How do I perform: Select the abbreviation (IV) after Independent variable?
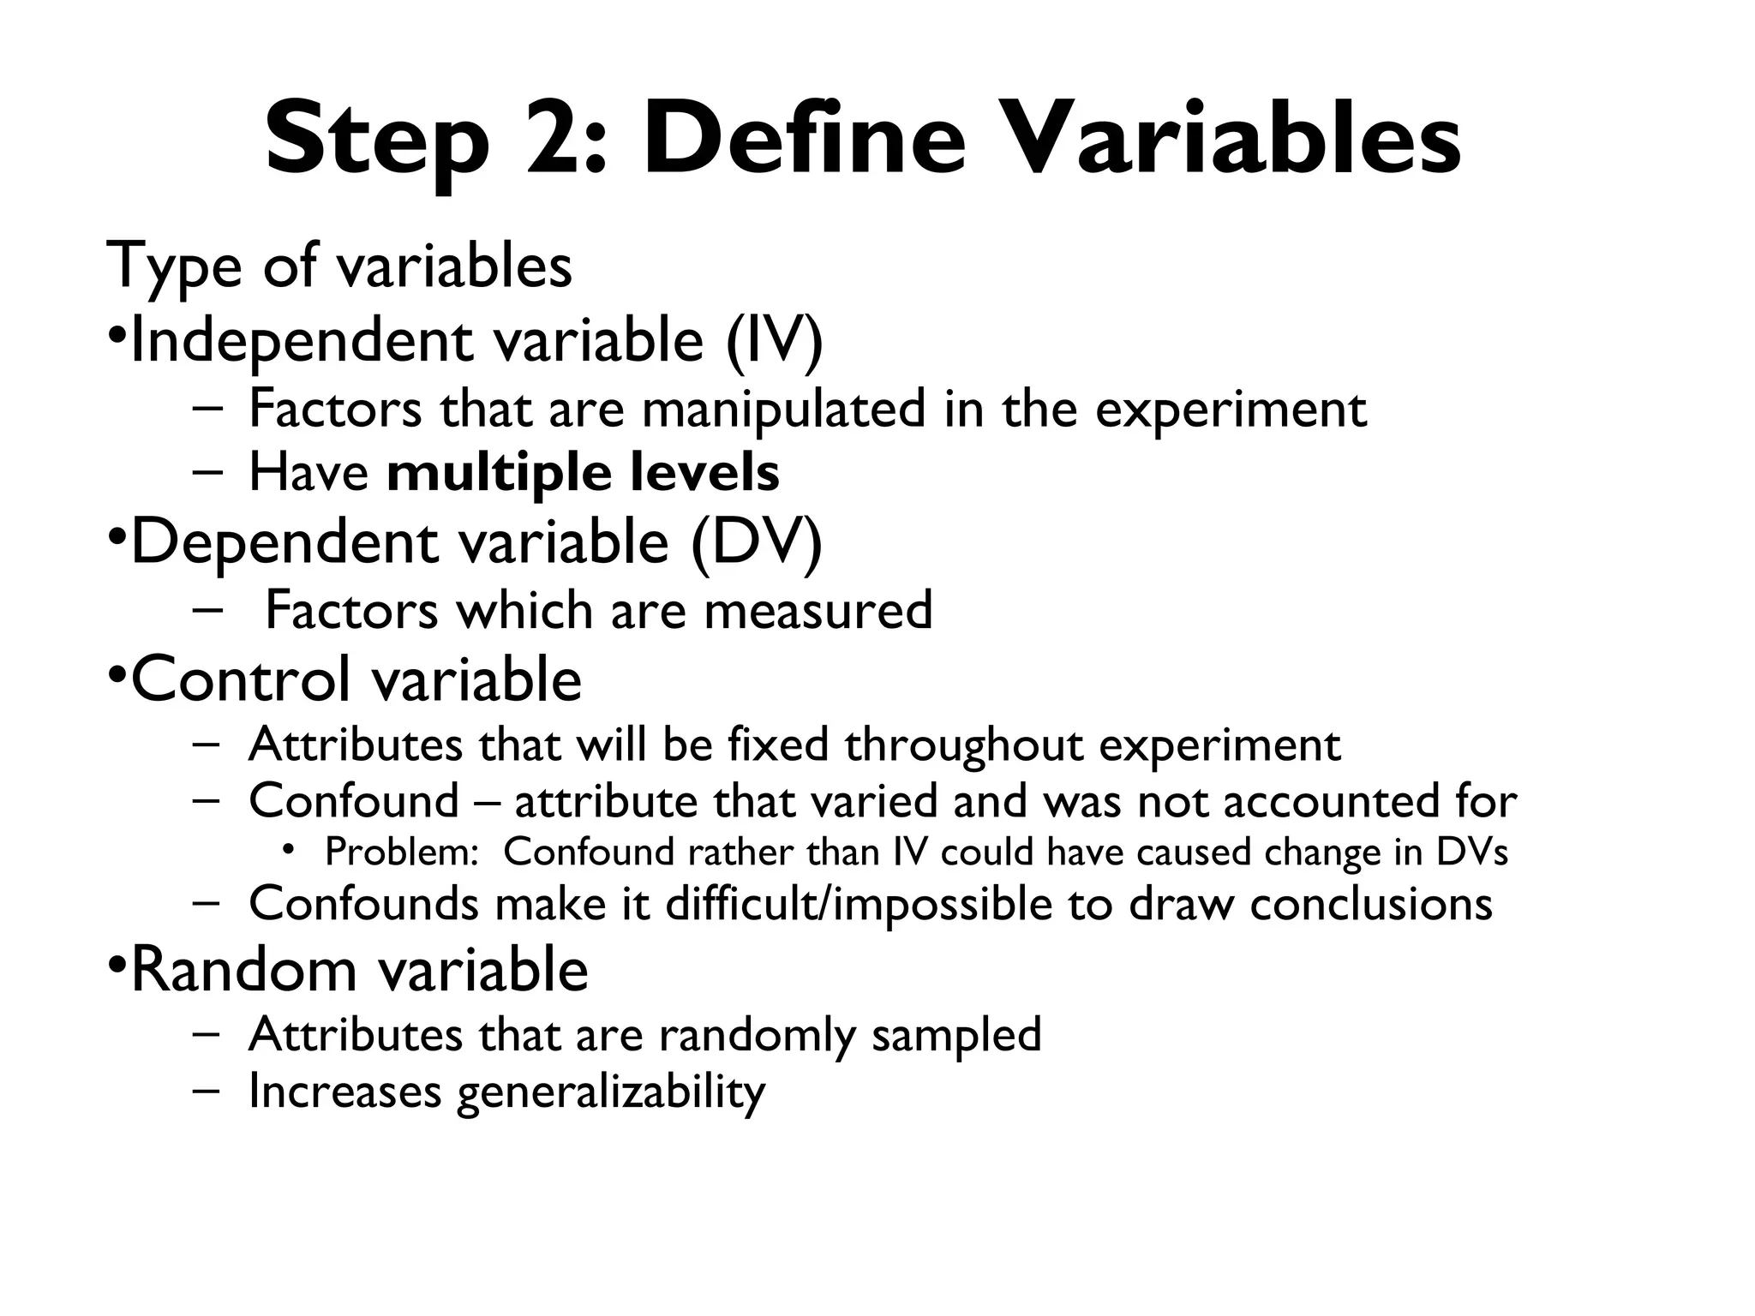point(775,341)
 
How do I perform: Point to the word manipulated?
point(783,410)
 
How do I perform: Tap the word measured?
point(818,611)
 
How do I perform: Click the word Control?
point(241,679)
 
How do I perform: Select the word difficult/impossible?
point(858,904)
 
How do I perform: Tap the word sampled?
point(956,1035)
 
